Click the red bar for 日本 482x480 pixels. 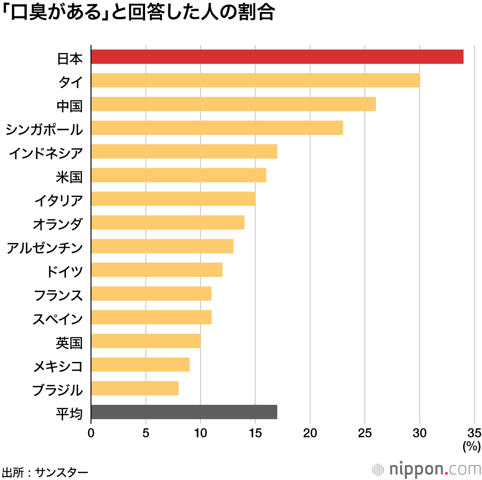click(x=277, y=56)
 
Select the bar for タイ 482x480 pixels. click(x=255, y=80)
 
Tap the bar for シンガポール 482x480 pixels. click(x=217, y=128)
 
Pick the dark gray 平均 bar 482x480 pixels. click(x=184, y=412)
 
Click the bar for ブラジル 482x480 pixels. click(x=134, y=388)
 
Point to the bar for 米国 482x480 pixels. click(x=178, y=175)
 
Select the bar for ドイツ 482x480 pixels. click(x=157, y=270)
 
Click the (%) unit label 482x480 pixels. click(x=471, y=446)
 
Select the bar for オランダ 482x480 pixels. click(x=167, y=223)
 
